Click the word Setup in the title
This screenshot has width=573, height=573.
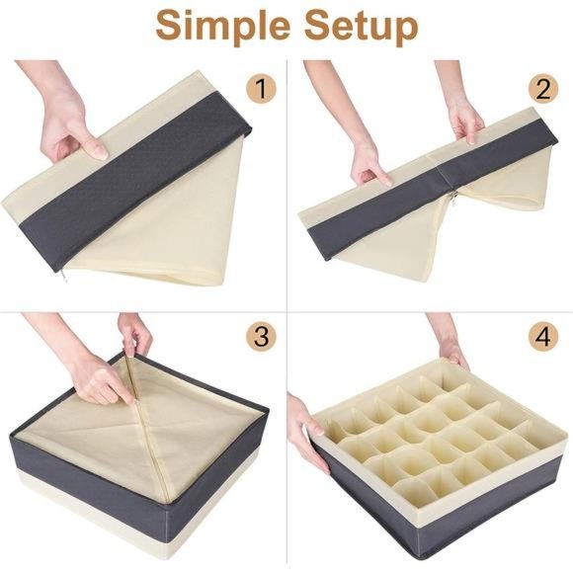click(x=352, y=26)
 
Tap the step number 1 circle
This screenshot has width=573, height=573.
click(x=260, y=90)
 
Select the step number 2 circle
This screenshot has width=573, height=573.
click(x=543, y=90)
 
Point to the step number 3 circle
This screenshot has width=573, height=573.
click(x=260, y=336)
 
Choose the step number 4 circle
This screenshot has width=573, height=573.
click(x=543, y=336)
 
